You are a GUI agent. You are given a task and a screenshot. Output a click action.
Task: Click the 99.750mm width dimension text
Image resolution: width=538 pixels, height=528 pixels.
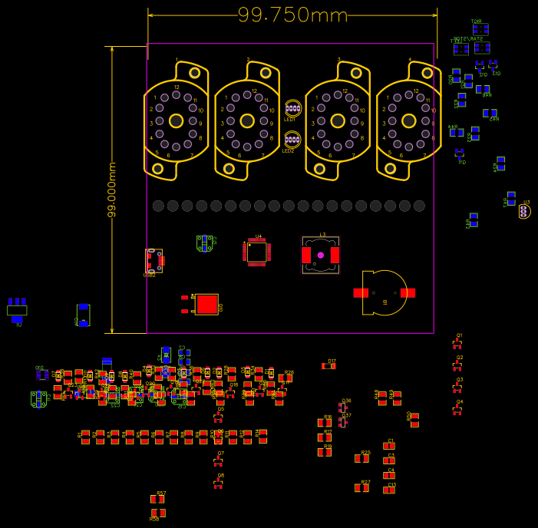tap(292, 15)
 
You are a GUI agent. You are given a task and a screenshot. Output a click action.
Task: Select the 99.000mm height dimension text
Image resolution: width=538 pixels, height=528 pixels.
tap(112, 190)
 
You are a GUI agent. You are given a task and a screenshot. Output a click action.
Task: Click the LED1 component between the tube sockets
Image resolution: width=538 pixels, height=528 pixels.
tap(292, 109)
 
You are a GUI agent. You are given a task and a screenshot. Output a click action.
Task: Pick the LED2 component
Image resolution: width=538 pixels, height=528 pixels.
tap(292, 140)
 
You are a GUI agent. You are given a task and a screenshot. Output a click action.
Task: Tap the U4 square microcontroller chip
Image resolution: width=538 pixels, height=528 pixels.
tap(256, 252)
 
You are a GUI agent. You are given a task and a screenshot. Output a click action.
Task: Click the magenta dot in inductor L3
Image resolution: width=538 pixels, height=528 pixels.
tap(320, 255)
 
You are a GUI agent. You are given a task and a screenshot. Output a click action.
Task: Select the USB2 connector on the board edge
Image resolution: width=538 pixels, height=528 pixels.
tap(153, 260)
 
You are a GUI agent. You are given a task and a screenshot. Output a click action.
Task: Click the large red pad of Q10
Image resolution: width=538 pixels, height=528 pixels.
tap(207, 304)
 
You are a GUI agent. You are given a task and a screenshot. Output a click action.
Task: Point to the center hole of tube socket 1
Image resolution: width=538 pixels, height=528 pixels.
tap(176, 120)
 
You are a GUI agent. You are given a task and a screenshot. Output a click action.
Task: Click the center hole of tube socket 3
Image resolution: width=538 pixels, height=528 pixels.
tap(338, 120)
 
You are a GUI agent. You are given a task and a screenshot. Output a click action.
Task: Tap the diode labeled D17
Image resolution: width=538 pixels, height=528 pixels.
tap(328, 366)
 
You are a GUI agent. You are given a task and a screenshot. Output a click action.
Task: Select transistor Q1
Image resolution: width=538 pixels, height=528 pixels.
tap(457, 344)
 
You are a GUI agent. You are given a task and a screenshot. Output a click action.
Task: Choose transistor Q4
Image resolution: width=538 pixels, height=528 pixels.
tap(457, 410)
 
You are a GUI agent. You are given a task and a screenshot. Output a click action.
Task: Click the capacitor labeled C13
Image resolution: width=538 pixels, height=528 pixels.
tap(389, 490)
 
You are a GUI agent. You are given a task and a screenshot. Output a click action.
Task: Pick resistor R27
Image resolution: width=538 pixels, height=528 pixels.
tap(361, 487)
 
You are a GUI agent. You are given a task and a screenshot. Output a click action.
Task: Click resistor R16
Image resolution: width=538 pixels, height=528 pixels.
tap(325, 423)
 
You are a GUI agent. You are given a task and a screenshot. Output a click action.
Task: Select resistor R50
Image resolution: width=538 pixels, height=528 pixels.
tap(414, 420)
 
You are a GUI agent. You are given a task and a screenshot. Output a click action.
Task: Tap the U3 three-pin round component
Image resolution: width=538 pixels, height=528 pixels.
tap(524, 211)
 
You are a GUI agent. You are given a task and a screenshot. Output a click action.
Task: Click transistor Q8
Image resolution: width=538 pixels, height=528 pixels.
tap(218, 483)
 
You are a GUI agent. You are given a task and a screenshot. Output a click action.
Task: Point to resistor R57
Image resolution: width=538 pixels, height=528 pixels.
tap(157, 499)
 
